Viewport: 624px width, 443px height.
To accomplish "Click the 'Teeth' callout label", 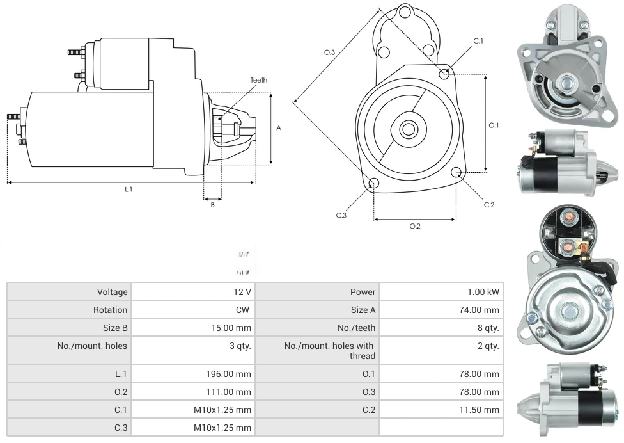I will (258, 80).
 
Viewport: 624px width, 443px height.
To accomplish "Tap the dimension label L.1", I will (129, 189).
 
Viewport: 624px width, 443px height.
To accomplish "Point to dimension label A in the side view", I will (279, 128).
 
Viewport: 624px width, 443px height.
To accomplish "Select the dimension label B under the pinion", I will (212, 205).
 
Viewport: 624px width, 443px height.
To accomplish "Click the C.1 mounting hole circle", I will (444, 74).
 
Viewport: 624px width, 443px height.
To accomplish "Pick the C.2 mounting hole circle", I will (456, 173).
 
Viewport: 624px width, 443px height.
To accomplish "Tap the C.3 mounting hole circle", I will (374, 184).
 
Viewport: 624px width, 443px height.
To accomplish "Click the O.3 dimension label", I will (329, 52).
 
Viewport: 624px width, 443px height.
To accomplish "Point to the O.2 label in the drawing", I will (414, 226).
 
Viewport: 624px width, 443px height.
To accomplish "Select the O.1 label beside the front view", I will (494, 125).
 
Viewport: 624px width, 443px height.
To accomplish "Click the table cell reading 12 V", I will (242, 292).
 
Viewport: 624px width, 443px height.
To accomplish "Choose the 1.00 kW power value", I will (483, 292).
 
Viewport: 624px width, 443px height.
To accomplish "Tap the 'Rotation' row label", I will (110, 310).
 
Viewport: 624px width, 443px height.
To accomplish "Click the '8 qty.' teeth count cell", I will (487, 328).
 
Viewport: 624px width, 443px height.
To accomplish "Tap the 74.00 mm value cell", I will (480, 310).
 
